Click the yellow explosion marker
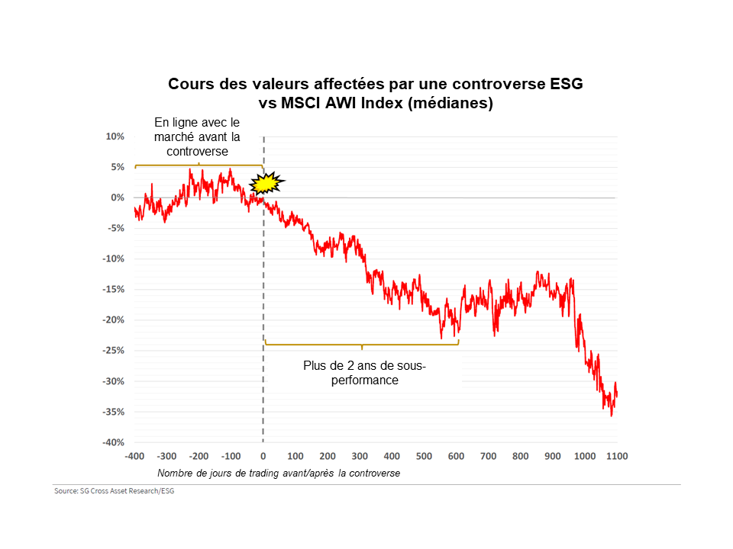point(266,182)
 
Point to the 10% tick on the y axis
point(115,136)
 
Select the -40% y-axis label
point(114,442)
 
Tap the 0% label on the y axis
point(118,197)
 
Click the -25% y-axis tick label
point(114,351)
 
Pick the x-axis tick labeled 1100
point(617,456)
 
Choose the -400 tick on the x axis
point(134,456)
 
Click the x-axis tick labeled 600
point(457,456)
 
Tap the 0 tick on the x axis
point(263,456)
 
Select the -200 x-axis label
point(199,456)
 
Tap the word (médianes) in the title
point(450,103)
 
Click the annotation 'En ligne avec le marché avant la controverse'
point(197,136)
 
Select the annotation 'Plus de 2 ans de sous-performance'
point(365,373)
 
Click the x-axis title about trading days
point(279,473)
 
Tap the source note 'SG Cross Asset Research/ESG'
point(114,490)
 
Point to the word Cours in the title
point(191,84)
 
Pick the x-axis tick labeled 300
point(360,456)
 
